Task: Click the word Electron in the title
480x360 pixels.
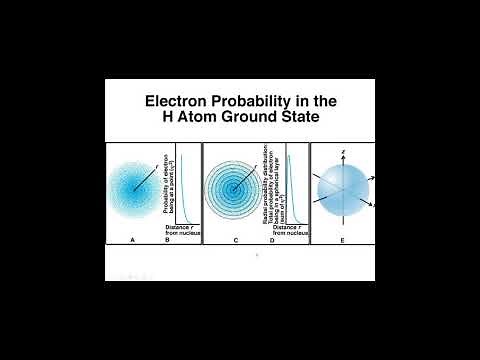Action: coord(177,101)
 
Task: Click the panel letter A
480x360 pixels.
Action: coord(133,241)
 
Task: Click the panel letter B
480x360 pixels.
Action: coord(167,241)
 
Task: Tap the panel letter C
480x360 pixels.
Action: coord(235,241)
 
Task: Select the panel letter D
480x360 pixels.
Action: coord(270,241)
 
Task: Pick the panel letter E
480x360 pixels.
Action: coord(343,241)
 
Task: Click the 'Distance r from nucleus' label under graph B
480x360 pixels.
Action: coord(182,231)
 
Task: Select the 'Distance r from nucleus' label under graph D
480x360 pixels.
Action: coord(284,231)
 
